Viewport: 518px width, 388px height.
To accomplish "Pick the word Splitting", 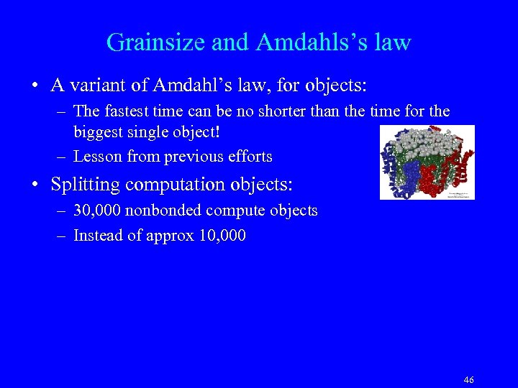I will click(x=86, y=184).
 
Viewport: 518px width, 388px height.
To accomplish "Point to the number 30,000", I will click(x=97, y=211).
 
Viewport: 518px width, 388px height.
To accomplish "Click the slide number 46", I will click(x=469, y=380).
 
